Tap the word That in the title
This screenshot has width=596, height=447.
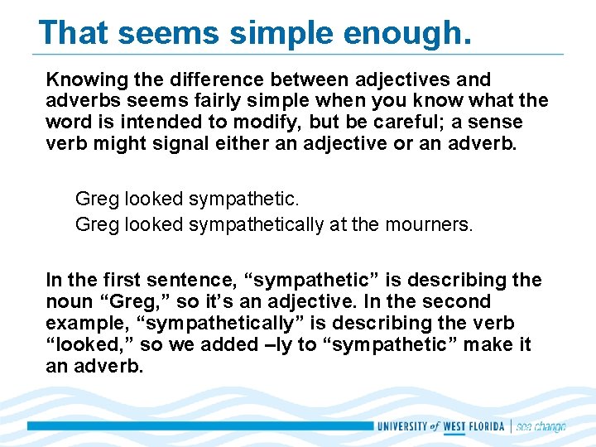click(x=74, y=32)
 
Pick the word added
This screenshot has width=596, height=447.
click(x=228, y=344)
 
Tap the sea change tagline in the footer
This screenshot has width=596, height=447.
click(x=541, y=426)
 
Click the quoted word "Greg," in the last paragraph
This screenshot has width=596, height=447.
click(x=130, y=301)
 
